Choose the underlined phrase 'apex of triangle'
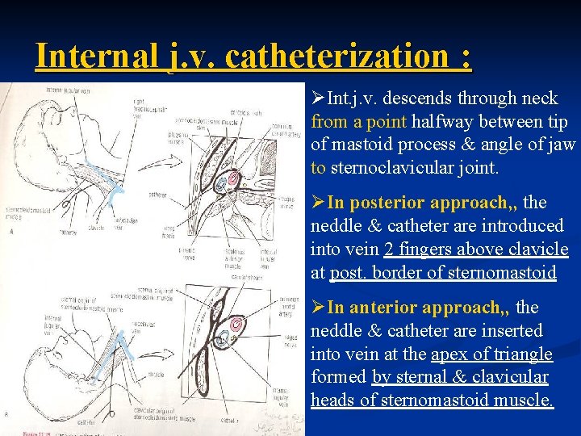pyautogui.click(x=492, y=354)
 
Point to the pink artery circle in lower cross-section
pyautogui.click(x=237, y=325)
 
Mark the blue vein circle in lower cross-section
pyautogui.click(x=224, y=330)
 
